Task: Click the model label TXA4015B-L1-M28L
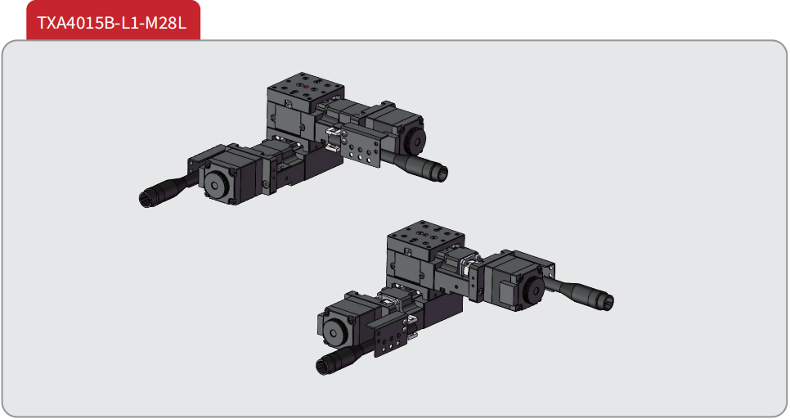[x=111, y=23]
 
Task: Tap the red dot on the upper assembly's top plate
[x=307, y=86]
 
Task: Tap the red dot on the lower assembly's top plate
[x=424, y=235]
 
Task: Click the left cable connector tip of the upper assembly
[x=146, y=199]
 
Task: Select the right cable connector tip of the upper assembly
[x=441, y=173]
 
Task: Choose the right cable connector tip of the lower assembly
[x=607, y=301]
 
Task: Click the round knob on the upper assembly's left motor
[x=215, y=185]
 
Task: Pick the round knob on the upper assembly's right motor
[x=416, y=137]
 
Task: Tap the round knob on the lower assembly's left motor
[x=334, y=331]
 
